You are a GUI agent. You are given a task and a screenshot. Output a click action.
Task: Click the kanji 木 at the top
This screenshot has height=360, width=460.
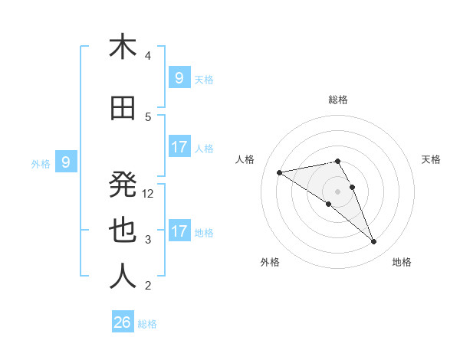(x=123, y=47)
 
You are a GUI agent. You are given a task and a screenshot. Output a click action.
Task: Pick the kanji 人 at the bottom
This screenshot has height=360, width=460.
(x=123, y=277)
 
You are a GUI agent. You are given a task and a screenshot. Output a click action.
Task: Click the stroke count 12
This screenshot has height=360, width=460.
(x=149, y=194)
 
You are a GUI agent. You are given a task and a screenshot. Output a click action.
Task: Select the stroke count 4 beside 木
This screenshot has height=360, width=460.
(x=148, y=56)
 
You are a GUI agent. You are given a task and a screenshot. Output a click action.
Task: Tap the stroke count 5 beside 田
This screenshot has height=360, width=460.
(x=148, y=117)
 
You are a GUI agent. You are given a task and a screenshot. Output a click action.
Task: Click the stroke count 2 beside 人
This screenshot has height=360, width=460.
(x=148, y=286)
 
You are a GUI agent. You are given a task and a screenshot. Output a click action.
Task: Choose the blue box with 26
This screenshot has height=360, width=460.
(x=123, y=322)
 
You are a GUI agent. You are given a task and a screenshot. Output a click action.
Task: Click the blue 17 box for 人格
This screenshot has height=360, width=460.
(x=179, y=147)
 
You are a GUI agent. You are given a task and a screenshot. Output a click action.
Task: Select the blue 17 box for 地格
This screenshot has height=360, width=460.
(x=179, y=231)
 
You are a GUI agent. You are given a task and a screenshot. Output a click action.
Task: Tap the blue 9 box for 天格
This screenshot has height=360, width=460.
(x=179, y=78)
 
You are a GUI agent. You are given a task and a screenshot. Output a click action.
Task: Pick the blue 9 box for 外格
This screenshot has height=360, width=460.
(x=66, y=162)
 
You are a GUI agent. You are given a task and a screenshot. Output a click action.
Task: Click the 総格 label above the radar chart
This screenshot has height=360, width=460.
(x=337, y=100)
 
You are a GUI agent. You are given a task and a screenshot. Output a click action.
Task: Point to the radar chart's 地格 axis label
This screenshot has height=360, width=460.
(x=402, y=262)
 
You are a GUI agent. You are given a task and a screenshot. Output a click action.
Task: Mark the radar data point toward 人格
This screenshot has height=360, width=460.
(x=280, y=172)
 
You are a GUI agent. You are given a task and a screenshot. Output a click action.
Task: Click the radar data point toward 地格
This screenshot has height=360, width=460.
(x=374, y=242)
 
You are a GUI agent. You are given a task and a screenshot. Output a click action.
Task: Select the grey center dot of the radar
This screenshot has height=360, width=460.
(x=337, y=191)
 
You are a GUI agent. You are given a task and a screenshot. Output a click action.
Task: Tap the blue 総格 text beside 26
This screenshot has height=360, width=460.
(x=147, y=324)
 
